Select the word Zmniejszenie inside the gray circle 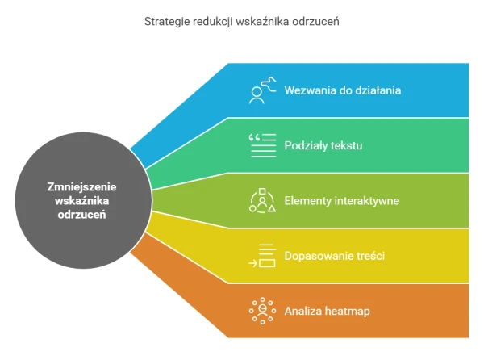pos(81,187)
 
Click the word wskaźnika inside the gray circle pos(81,201)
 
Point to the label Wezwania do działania pos(343,90)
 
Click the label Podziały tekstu pos(323,145)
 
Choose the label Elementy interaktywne pos(342,201)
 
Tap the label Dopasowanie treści pos(334,256)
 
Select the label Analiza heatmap pos(327,311)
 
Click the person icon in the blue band pos(262,90)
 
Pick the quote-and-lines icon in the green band pos(262,145)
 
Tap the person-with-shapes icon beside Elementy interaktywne pos(262,201)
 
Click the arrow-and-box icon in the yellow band pos(262,256)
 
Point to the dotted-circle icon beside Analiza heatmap pos(262,311)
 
